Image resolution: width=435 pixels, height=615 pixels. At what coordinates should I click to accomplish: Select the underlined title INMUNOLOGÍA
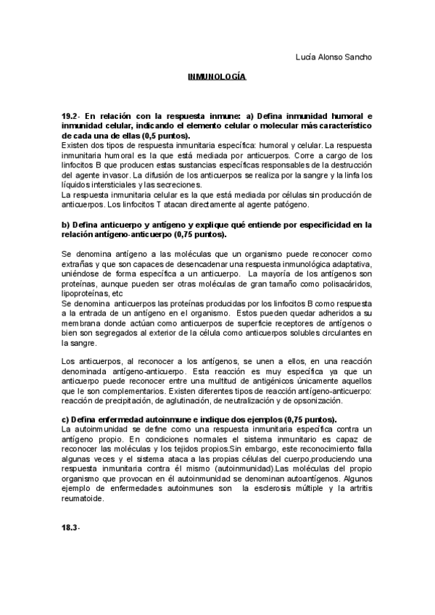217,75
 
